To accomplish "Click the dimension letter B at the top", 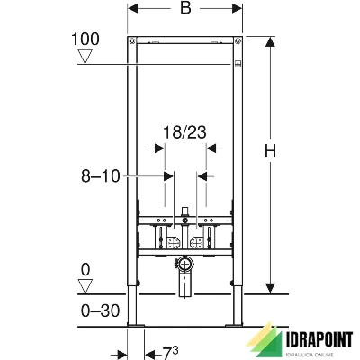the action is [x=185, y=8].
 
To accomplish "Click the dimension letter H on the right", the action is [x=270, y=150].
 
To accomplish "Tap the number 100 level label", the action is [x=85, y=40].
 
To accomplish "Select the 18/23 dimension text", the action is [x=184, y=132].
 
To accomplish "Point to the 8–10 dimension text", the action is [x=101, y=176].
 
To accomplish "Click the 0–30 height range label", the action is [x=100, y=310].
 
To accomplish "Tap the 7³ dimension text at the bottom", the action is [x=170, y=353].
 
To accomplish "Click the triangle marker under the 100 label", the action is [x=85, y=57].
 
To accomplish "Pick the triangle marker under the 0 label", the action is [x=85, y=286].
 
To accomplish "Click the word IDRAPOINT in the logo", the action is [x=319, y=340].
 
